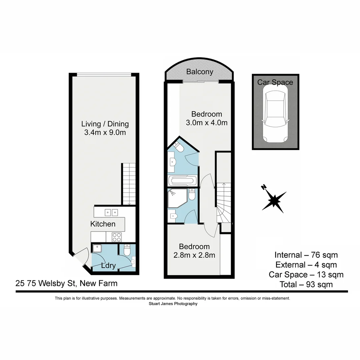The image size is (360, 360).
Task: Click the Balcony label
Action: pos(200,72)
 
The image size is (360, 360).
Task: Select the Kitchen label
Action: pos(103,224)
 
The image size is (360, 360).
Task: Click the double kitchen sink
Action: pos(111,212)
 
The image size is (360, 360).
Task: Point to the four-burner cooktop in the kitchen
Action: pos(117,237)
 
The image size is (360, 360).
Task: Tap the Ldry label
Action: pos(108,266)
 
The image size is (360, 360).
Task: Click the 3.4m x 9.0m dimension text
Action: pos(105,133)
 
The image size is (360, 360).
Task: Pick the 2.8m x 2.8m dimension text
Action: pos(194,255)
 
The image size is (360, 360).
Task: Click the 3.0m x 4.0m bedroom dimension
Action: pos(207,123)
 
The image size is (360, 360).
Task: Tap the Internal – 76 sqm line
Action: pos(306,255)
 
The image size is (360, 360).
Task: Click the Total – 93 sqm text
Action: pos(306,284)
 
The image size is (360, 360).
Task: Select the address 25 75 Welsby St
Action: pos(66,284)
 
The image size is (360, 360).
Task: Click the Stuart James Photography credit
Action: pos(173,304)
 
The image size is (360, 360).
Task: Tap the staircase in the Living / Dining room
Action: pos(128,184)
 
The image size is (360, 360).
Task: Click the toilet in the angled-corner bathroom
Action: pos(178,147)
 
